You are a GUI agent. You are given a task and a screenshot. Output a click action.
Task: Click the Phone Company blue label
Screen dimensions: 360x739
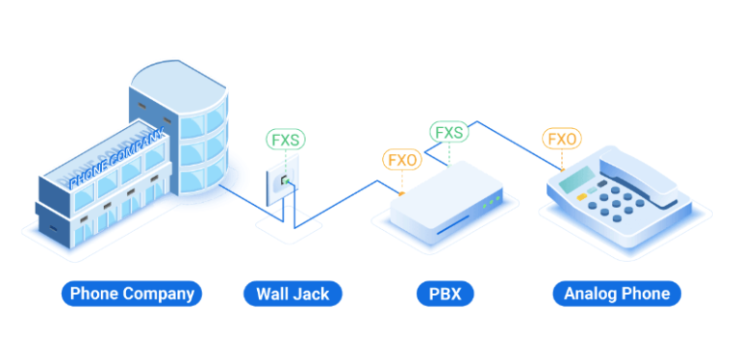(132, 294)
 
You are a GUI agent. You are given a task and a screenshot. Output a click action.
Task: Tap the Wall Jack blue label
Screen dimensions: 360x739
(293, 294)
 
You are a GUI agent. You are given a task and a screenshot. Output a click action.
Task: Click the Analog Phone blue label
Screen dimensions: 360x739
(617, 294)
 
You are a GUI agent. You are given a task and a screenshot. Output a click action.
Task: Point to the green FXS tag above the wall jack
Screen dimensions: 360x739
(286, 140)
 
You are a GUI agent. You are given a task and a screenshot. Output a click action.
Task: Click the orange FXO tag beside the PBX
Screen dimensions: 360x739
(401, 159)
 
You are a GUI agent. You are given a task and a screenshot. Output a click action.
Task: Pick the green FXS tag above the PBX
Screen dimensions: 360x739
(448, 132)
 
